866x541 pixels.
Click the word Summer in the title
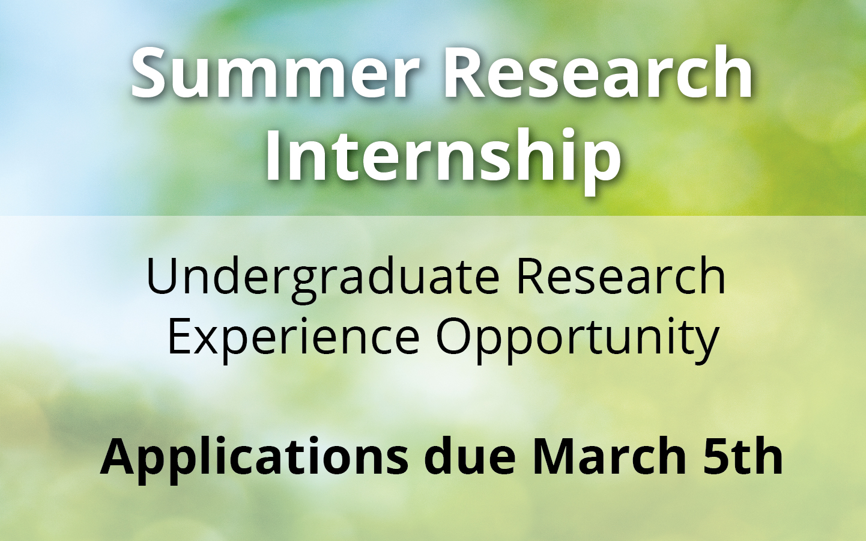point(275,73)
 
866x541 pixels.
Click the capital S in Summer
point(150,73)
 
